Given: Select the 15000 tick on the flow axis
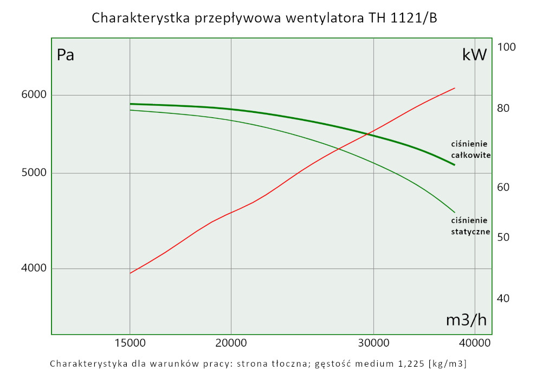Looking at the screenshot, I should coord(130,343).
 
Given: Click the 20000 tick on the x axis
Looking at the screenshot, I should coord(231,343).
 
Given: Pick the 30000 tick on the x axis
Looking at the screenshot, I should coord(374,343).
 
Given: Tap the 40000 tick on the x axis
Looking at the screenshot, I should coord(475,343).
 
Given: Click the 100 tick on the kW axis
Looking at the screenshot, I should coord(506,47).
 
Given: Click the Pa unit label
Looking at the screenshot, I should coord(66,55).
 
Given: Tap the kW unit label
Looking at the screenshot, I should coord(474,55).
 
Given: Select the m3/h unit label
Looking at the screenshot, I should coord(466,320).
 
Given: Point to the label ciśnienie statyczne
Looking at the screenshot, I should coord(470,226).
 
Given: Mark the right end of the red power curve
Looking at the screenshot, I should coord(454,88).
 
